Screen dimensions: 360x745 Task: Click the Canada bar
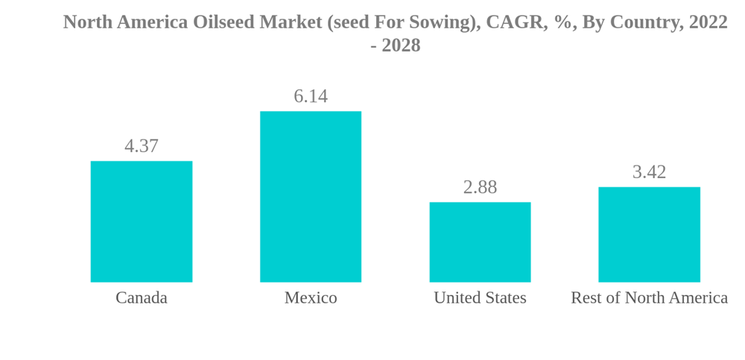coord(142,221)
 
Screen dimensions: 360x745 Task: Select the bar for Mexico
coord(311,197)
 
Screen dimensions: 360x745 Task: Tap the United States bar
coord(480,242)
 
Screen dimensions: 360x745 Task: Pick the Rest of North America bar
coord(649,234)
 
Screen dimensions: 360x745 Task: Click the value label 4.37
coord(142,146)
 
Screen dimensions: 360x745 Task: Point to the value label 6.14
coord(311,96)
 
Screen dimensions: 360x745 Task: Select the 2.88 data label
coord(480,187)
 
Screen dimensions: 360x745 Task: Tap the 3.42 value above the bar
coord(649,172)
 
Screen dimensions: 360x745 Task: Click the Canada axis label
coord(142,298)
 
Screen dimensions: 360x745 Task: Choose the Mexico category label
coord(311,298)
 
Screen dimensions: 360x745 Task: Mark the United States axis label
coord(480,298)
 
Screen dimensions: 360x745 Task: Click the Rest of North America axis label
coord(649,298)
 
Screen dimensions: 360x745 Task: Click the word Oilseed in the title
coord(223,22)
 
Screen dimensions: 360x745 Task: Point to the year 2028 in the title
coord(401,45)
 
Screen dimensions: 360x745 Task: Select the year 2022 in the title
coord(708,22)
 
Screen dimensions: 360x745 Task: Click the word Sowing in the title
coord(443,22)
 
